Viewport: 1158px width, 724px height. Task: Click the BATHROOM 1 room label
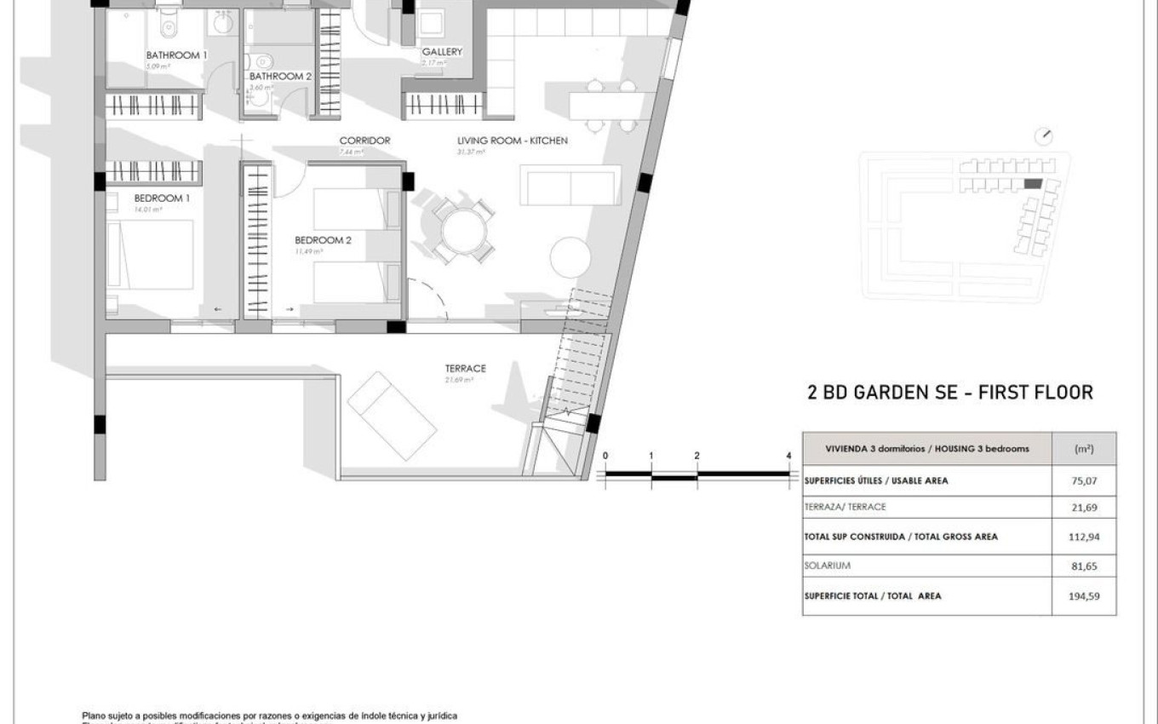pos(176,55)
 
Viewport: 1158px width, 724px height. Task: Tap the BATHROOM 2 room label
pos(280,77)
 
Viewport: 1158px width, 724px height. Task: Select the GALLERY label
pos(442,52)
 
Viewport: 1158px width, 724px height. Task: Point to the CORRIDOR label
pos(364,141)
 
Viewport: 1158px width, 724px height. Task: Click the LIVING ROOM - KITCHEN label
pos(512,141)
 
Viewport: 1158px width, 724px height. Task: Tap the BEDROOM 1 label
pos(161,198)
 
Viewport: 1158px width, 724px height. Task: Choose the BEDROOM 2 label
pos(323,240)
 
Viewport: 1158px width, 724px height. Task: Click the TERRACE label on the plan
pos(465,369)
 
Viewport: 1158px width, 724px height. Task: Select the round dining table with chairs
pos(461,231)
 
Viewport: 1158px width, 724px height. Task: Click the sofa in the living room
pos(569,187)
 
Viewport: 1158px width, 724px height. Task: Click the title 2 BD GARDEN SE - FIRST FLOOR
pos(949,393)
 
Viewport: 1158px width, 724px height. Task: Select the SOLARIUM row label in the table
pos(827,566)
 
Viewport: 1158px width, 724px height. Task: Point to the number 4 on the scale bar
pos(789,457)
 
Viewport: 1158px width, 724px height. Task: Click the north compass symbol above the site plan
pos(1045,136)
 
